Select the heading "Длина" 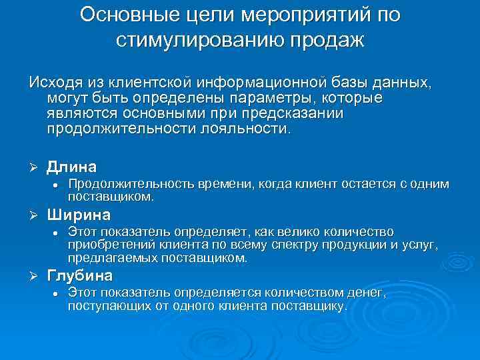click(x=71, y=166)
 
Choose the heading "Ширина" click(x=79, y=215)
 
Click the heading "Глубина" click(x=80, y=275)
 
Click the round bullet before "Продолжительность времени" click(x=57, y=184)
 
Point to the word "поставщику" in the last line click(x=310, y=306)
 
